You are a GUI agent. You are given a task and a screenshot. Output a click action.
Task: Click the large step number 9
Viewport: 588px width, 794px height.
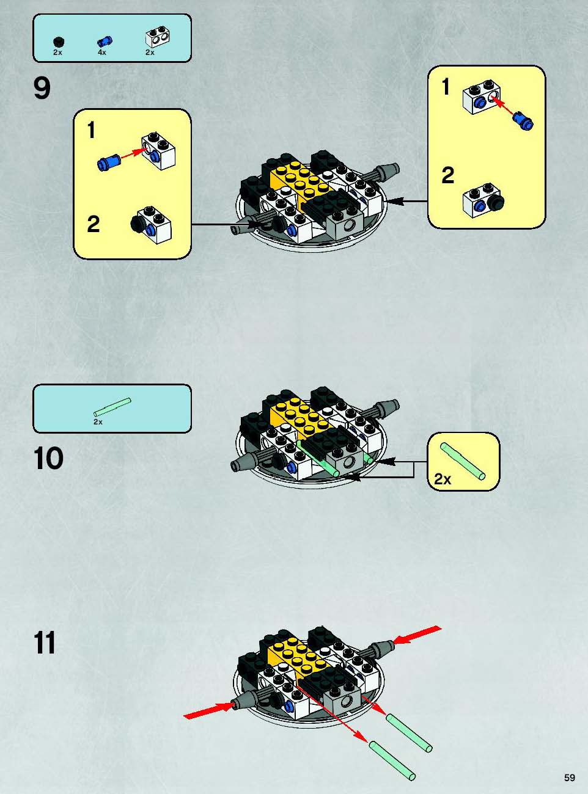tap(42, 89)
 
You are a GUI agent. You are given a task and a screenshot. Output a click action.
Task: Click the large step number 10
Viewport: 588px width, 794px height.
tap(48, 458)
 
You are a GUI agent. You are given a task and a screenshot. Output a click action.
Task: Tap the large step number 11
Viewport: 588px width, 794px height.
tap(45, 643)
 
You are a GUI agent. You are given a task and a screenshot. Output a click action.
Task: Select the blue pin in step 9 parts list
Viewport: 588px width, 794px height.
tap(105, 42)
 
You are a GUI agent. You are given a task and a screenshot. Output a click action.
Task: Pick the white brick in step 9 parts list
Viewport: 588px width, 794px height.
tap(158, 37)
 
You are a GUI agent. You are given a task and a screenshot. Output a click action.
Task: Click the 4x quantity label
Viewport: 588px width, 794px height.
tap(101, 53)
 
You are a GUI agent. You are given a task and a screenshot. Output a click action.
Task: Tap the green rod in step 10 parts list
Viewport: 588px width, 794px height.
tap(112, 407)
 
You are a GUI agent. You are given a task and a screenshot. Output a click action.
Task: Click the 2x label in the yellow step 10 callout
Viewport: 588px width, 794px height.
tap(443, 479)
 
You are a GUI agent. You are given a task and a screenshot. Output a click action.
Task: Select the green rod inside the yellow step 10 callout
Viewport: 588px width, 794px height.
tap(463, 461)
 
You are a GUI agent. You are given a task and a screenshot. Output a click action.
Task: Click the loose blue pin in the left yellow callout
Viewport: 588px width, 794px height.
tap(109, 162)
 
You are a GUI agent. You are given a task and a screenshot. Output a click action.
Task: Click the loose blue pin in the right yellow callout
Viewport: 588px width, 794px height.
tap(523, 121)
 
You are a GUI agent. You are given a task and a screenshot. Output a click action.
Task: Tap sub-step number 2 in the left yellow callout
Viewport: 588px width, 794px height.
tap(94, 224)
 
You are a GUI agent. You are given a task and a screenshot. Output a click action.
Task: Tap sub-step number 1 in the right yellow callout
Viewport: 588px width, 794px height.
tap(446, 87)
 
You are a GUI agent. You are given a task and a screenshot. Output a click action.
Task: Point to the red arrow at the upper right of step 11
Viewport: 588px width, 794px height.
tap(417, 635)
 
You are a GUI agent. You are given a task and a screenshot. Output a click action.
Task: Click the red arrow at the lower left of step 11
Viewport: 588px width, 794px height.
tap(208, 710)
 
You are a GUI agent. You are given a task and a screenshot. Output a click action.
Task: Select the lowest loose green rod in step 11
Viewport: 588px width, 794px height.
tap(392, 760)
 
